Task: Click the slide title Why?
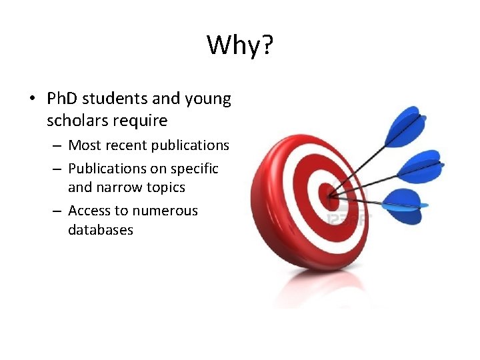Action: point(240,46)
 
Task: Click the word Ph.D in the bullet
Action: point(65,99)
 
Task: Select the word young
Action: point(208,100)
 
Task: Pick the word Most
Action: point(85,145)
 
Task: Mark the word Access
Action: point(89,211)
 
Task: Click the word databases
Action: point(101,230)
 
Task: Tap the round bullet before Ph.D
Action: point(32,100)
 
